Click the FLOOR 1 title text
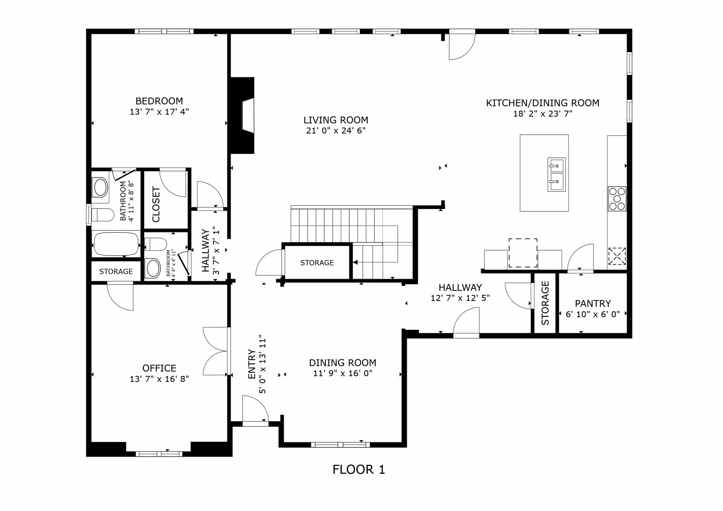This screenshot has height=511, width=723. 359,470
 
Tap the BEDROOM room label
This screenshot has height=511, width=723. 159,101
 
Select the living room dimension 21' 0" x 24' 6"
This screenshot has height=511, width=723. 336,131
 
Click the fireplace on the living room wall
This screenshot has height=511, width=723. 243,115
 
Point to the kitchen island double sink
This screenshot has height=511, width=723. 556,175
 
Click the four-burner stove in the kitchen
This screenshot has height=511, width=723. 617,199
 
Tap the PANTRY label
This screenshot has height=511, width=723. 593,303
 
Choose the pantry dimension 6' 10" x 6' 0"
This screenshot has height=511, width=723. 593,314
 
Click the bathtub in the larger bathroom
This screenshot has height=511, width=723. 116,244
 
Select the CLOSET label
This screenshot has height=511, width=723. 156,205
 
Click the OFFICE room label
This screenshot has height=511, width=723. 159,368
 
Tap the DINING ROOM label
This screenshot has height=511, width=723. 342,363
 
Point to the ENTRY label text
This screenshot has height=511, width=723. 252,364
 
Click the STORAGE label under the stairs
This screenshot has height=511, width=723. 317,263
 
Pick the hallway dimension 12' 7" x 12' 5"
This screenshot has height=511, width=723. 460,298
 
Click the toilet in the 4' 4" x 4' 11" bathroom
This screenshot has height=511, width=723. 156,244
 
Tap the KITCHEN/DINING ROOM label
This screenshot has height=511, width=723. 543,103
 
